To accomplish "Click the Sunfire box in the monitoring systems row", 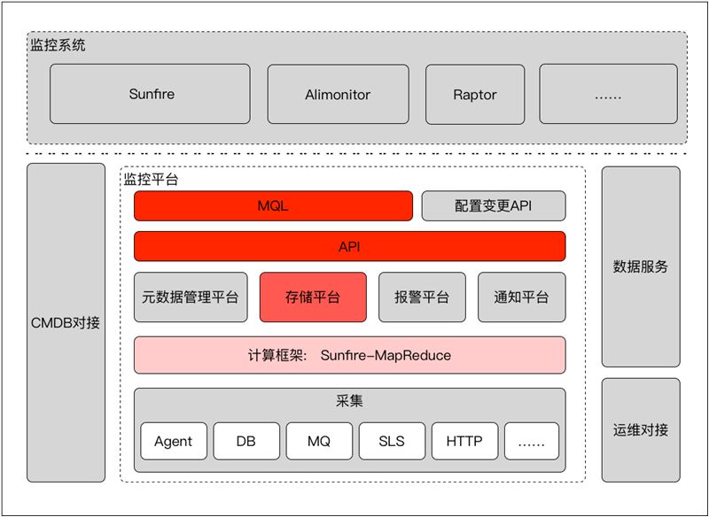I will (150, 94).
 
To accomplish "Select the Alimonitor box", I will (337, 94).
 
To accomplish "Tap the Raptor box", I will (475, 94).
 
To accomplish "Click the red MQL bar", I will (273, 205).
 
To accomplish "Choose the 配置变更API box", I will (493, 205).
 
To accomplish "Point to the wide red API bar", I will (349, 246).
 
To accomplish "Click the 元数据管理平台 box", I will (191, 297).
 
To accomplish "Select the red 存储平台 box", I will (313, 297).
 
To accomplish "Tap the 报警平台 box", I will (422, 297).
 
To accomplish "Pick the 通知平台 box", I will (521, 297).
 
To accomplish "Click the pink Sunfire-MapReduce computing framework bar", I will (349, 355).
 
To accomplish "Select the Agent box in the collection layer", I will (174, 441).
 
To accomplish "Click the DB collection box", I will (246, 441).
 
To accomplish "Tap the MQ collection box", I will (319, 441).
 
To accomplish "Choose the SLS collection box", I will (392, 441).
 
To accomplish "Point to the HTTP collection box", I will (464, 441).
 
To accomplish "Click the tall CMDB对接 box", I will (66, 322).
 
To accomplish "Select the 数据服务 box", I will (641, 266).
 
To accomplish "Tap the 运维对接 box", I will (641, 430).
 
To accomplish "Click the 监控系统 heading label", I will (58, 44).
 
